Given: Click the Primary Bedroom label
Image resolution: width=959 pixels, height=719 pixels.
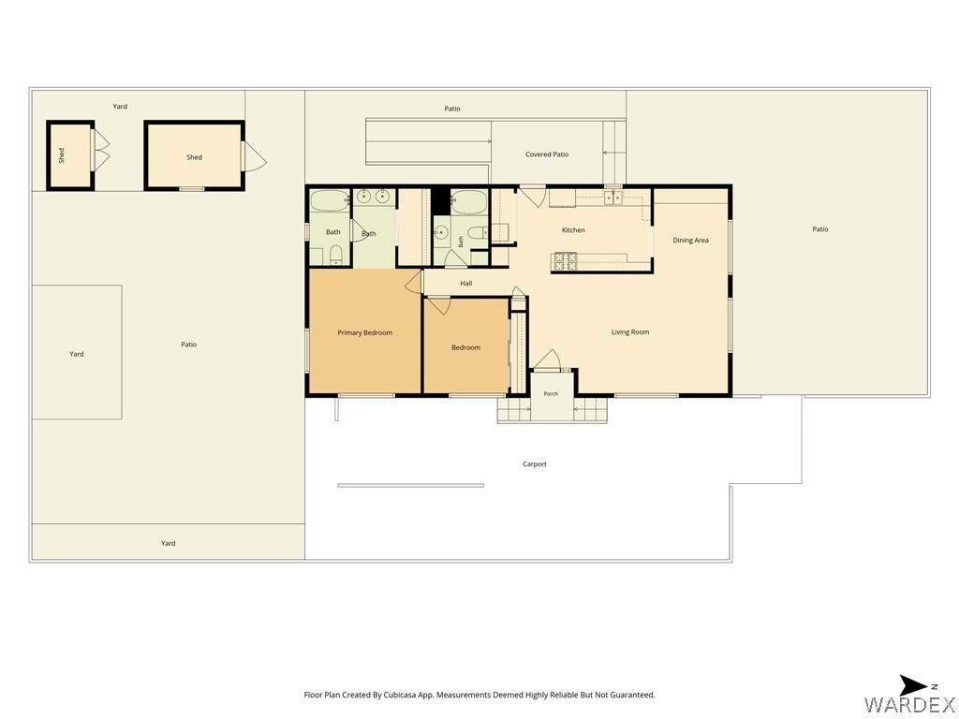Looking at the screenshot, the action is pos(364,332).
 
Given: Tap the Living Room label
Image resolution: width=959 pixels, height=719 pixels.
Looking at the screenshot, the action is pos(630,332).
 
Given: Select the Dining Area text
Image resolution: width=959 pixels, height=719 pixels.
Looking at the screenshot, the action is pos(690,241).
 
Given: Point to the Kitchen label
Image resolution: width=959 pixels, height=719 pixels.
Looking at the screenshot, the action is pos(573,230).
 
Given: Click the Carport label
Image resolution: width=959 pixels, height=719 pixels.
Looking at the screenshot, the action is pos(535,464).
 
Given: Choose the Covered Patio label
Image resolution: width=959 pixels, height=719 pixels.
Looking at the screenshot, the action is pos(547,154).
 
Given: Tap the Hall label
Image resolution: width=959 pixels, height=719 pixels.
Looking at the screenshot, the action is pos(466,283).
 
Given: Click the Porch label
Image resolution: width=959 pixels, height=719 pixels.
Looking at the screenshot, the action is pos(551,394).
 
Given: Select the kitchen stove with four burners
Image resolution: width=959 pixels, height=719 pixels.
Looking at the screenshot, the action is pos(566,261).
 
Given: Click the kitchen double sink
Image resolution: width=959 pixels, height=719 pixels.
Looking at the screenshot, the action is pos(613,198).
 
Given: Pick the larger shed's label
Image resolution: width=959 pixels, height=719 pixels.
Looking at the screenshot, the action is pos(194,157).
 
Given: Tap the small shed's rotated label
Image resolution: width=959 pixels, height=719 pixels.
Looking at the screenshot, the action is pos(61,155).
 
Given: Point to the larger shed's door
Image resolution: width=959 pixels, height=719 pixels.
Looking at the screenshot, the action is pos(255,156).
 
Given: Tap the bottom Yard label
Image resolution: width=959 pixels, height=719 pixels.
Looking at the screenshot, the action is pos(168,543).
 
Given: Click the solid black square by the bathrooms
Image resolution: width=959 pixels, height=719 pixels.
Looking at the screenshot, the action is pos(440,201).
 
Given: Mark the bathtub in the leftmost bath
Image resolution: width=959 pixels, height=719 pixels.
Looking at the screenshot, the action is pos(330,201).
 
